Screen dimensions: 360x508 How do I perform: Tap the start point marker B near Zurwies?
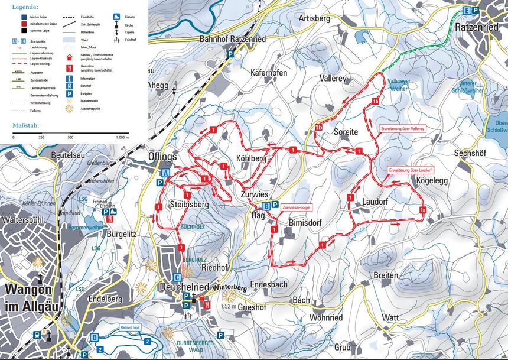[x=266, y=206]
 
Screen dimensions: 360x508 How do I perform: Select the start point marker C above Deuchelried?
[x=177, y=277]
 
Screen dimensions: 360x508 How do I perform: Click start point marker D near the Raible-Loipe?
[x=95, y=338]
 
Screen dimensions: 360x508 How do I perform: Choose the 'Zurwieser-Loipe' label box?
[x=296, y=207]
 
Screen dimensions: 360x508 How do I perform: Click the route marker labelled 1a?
[x=423, y=210]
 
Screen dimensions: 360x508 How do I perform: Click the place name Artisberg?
[x=314, y=19]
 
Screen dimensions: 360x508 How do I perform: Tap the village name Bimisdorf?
[x=305, y=223]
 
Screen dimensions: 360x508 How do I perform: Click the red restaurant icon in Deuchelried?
[x=207, y=304]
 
